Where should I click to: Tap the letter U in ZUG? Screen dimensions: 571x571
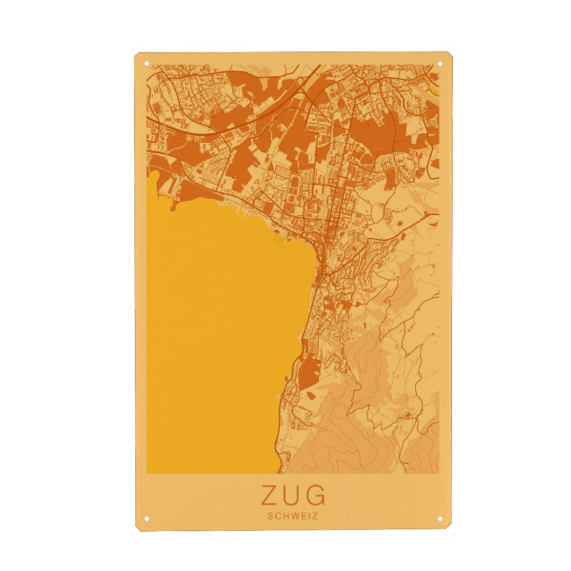[x=291, y=496]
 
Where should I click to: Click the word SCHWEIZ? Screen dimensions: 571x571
[x=292, y=516]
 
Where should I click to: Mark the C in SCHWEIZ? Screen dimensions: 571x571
[x=277, y=516]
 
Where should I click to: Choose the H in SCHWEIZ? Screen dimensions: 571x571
[x=285, y=516]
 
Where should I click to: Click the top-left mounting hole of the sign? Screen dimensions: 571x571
[x=148, y=64]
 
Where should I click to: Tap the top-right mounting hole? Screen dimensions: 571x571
[x=441, y=64]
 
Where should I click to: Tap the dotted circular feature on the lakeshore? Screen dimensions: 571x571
[x=279, y=240]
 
